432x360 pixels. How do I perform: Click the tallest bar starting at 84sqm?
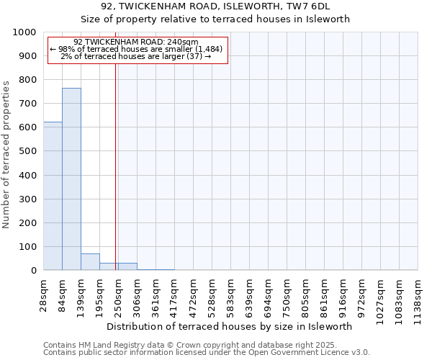71,179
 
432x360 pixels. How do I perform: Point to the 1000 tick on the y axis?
27,32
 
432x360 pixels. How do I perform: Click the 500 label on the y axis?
27,151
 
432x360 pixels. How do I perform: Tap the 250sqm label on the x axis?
119,293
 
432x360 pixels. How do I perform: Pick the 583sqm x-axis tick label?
231,293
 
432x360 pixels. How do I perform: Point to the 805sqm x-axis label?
306,293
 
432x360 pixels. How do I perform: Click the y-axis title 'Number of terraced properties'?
6,155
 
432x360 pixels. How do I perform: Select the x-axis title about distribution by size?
234,326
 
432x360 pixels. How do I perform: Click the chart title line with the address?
215,7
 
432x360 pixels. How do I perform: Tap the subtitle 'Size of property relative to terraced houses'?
215,19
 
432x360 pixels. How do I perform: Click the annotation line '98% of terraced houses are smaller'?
136,49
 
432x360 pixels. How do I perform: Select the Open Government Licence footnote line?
207,353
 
